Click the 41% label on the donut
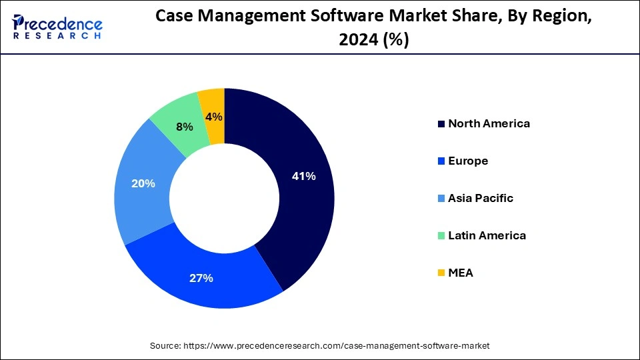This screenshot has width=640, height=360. pos(303,177)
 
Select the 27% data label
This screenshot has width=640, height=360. pos(201,278)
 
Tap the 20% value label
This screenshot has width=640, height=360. pos(143,183)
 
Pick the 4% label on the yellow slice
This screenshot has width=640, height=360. pos(214,117)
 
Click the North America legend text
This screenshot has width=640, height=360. pos(489,123)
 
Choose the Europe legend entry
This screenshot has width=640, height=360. pos(468,161)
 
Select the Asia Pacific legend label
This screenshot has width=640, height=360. pos(481,198)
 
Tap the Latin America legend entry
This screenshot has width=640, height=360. pos(487,235)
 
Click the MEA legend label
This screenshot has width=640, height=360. pos(461,273)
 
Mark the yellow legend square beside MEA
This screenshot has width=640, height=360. pos(441,273)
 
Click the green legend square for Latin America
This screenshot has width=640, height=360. pos(441,236)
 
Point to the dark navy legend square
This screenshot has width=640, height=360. pos(441,124)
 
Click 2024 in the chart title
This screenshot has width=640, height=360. pos(351,41)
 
